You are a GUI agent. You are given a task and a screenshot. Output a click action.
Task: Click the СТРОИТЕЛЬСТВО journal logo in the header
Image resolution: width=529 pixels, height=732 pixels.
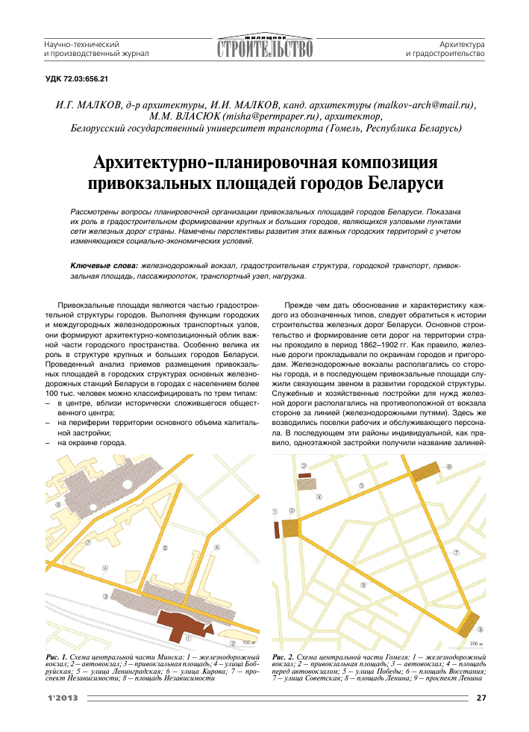265,48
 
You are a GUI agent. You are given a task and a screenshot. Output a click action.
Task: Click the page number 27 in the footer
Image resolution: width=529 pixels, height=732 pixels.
481,698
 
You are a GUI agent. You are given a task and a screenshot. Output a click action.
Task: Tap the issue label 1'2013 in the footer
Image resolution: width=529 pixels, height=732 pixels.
62,698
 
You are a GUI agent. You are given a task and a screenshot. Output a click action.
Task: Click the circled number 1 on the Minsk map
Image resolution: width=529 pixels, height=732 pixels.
189,638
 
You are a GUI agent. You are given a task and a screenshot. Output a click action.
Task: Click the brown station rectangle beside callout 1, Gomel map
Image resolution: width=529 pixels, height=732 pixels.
277,529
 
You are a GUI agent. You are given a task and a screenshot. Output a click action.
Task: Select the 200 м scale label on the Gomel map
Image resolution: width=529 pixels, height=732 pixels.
475,642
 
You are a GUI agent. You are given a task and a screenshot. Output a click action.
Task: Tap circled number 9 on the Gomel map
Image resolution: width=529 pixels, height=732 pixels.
363,585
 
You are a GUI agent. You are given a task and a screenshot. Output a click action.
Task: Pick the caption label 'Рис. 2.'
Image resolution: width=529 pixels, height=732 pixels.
284,656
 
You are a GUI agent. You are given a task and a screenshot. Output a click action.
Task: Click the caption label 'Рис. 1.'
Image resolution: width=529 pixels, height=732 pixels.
57,656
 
